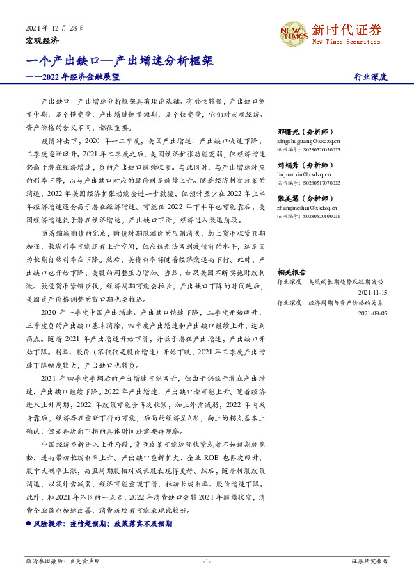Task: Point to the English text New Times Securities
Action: [x=347, y=42]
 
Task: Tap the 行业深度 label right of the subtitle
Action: [x=370, y=77]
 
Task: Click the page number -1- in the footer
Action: [x=207, y=561]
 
